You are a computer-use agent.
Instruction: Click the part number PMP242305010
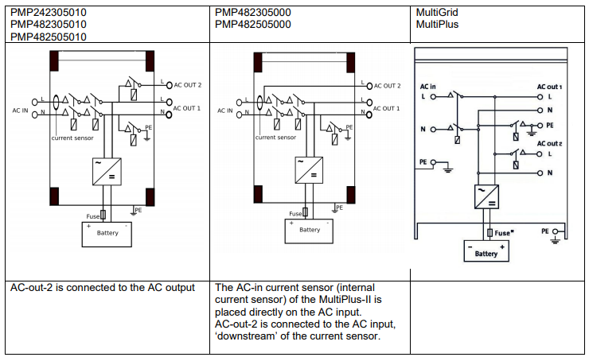(x=49, y=13)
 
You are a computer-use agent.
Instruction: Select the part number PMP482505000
(x=253, y=25)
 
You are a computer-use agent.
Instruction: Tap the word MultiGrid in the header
(x=437, y=13)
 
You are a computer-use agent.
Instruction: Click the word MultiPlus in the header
(x=437, y=25)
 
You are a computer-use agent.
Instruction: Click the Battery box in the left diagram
(x=107, y=235)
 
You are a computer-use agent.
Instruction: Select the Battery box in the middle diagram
(x=309, y=231)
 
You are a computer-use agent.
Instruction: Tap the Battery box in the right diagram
(x=486, y=251)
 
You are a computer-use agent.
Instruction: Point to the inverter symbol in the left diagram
(x=107, y=172)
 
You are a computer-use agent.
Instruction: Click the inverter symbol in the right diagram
(x=486, y=196)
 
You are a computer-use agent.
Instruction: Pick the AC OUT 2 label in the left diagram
(x=187, y=85)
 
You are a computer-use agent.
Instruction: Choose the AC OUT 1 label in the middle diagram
(x=386, y=108)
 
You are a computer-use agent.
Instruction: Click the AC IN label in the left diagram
(x=20, y=111)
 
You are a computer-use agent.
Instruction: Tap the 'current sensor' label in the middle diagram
(x=275, y=138)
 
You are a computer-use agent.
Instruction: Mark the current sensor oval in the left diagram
(x=56, y=103)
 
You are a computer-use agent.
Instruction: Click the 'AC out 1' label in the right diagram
(x=549, y=87)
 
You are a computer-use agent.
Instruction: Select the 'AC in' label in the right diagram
(x=428, y=87)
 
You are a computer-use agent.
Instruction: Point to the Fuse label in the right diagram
(x=504, y=233)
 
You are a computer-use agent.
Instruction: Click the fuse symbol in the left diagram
(x=103, y=215)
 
